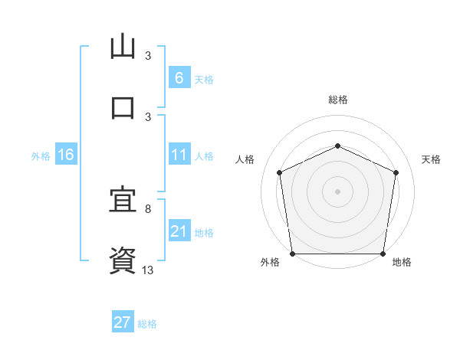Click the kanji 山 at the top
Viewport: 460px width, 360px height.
123,47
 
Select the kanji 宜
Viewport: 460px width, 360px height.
123,201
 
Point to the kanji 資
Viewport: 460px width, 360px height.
123,259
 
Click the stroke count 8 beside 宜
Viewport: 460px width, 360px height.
148,208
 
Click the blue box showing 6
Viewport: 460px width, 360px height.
179,77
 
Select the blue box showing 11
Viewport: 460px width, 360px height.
179,155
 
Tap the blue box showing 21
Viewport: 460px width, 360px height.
179,231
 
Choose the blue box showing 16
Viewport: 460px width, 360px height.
66,155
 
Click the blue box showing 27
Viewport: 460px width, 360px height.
123,322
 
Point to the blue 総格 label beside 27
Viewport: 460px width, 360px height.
147,324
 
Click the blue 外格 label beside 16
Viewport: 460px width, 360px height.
41,156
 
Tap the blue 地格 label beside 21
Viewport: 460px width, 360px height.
204,233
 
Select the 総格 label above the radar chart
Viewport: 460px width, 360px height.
338,100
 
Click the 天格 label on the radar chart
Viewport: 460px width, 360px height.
432,159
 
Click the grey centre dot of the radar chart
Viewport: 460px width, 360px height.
337,191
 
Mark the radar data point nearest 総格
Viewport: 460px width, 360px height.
337,146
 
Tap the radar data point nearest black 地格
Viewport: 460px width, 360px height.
383,254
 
